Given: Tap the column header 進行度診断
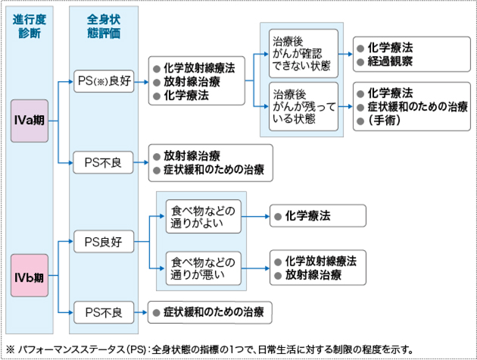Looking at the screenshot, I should coord(29,26).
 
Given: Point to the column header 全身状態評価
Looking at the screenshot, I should coord(103,26).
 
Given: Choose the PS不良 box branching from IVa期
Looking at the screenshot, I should coord(104,161).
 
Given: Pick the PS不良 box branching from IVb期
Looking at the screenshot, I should coord(104,310).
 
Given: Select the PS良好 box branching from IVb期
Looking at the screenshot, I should coord(104,243).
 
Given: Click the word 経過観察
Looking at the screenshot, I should coord(391,61).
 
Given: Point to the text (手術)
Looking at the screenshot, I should coord(385,121).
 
